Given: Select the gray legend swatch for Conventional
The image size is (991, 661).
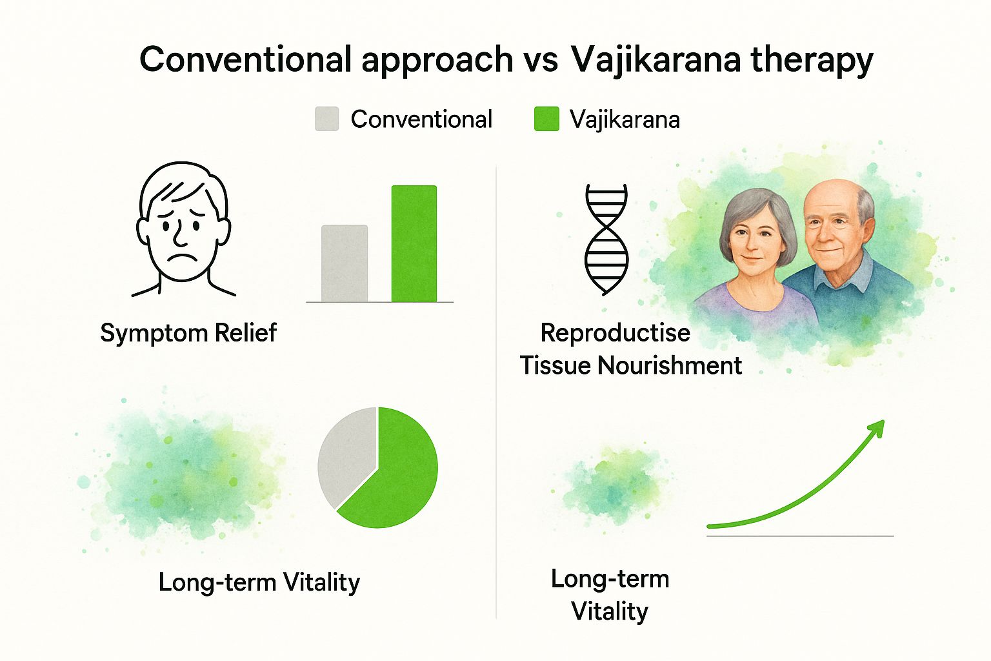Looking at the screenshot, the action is [327, 119].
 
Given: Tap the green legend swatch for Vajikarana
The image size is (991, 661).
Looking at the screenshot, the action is [547, 119].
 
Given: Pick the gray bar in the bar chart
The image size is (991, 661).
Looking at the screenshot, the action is [345, 263].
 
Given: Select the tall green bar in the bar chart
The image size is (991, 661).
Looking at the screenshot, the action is [414, 243].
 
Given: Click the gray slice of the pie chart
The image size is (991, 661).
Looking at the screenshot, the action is [346, 456].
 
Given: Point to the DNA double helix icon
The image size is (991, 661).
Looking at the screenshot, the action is [606, 239].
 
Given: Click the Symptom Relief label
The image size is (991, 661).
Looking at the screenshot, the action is [188, 333].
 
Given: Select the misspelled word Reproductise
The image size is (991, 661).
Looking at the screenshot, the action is [616, 333].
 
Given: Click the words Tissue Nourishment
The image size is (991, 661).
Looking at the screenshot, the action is [631, 366].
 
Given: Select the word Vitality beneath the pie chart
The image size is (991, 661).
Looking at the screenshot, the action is [322, 583].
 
